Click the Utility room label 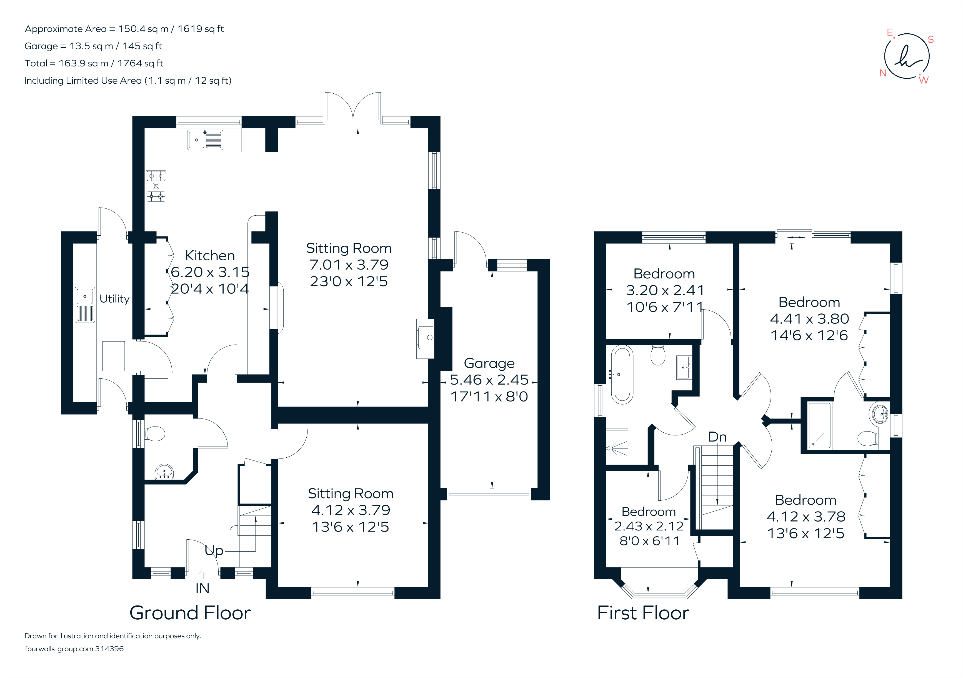coord(114,299)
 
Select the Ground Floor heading coord(190,613)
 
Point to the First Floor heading coord(643,613)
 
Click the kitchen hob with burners coord(156,186)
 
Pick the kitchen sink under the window coord(205,140)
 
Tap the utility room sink coord(85,305)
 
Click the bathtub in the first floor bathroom coord(622,374)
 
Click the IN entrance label coord(202,589)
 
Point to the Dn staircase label coord(717,437)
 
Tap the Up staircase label coord(214,550)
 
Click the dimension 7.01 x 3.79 coord(349,265)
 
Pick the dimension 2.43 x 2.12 coord(649,526)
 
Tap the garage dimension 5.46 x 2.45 coord(489,380)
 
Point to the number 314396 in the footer coord(109,649)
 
